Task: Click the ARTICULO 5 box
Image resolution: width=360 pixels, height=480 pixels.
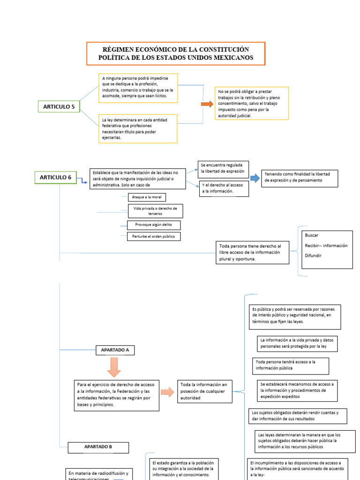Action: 59,107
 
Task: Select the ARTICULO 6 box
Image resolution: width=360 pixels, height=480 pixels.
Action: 55,177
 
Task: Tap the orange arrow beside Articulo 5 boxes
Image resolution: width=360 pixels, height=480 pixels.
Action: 207,104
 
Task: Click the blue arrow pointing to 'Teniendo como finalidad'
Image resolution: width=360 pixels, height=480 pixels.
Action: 254,178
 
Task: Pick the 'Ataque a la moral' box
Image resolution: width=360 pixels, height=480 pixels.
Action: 147,197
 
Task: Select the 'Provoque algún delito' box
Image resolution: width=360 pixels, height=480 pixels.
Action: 147,225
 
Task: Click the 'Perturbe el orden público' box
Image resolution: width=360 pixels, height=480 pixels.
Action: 153,237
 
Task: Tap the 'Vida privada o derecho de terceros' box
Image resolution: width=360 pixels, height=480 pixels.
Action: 155,211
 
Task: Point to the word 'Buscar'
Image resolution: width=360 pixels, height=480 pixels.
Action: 311,235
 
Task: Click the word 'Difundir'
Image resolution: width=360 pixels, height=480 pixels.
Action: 313,255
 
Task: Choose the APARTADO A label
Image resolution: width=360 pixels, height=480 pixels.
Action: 115,350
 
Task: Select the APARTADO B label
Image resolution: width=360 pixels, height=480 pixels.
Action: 98,447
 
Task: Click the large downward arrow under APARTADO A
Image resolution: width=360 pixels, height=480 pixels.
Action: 114,367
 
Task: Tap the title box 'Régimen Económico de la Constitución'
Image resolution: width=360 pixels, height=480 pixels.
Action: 176,53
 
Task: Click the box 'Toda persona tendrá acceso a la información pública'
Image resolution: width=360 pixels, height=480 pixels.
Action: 291,366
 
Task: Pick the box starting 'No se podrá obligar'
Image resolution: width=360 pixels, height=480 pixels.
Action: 252,103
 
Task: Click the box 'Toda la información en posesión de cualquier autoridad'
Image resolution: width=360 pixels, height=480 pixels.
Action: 205,391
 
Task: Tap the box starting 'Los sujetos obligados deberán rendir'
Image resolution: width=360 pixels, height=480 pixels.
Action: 297,416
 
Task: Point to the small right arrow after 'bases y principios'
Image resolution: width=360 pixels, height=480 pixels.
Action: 167,392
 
